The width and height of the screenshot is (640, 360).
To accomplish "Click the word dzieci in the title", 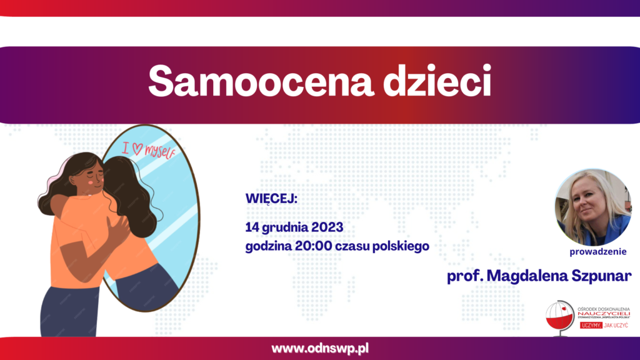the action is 437,81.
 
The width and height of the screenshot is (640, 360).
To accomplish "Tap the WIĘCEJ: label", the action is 271,199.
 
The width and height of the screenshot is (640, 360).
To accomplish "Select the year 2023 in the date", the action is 327,227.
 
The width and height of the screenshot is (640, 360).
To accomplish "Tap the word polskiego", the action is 401,246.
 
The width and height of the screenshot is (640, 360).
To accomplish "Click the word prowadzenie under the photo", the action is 598,252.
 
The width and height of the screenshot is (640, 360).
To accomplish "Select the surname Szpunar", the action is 601,276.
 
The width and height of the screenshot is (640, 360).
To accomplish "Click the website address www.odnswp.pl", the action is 320,348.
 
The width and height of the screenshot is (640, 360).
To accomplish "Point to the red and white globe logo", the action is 560,317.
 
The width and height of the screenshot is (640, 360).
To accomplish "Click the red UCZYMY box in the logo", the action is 591,325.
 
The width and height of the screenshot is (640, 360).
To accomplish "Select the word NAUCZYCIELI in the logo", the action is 604,314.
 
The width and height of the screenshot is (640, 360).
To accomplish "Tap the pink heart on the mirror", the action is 137,149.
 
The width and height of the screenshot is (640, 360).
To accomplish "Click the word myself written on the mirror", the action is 161,152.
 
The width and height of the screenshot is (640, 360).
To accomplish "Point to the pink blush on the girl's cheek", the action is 90,183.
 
